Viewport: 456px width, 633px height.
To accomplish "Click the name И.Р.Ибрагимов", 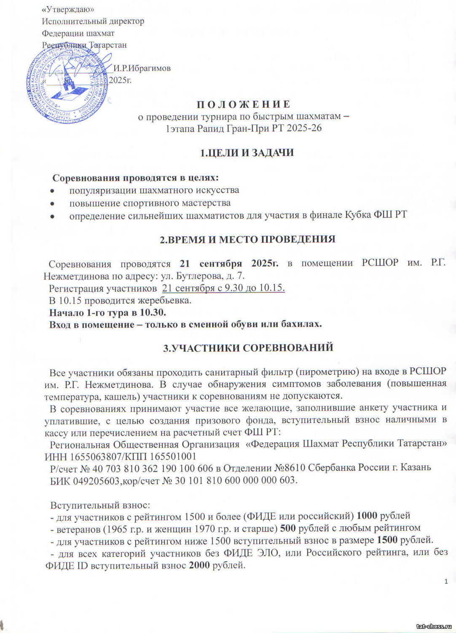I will pos(142,68).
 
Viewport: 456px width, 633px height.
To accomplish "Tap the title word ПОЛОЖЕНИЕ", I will pos(238,104).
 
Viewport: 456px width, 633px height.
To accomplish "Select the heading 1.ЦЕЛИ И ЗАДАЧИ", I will pos(247,153).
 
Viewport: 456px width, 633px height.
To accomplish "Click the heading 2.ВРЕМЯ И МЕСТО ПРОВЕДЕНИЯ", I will pos(247,239).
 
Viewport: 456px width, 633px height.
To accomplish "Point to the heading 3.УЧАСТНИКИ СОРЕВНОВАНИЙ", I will pos(248,347).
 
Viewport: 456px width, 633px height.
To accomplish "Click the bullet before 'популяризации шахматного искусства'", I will pos(52,191).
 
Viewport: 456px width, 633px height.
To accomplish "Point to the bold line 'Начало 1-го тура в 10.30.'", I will pos(108,313).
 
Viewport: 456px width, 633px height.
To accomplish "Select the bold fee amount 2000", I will pos(199,565).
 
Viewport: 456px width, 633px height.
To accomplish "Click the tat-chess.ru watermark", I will pos(435,626).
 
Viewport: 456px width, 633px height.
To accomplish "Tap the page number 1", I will pos(446,582).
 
